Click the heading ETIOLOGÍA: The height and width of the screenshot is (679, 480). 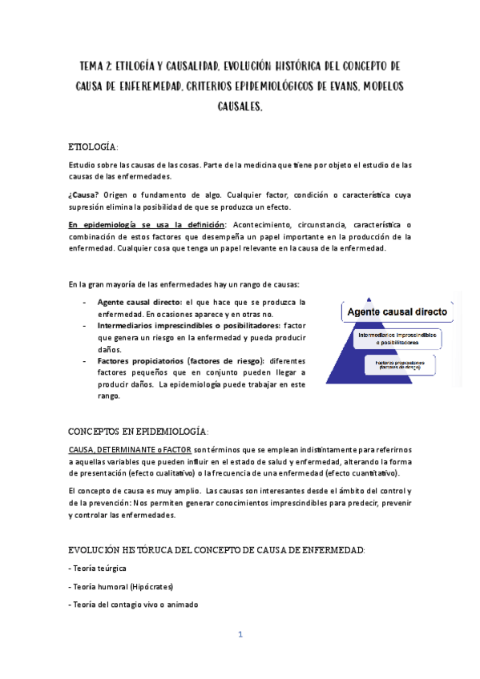pos(94,147)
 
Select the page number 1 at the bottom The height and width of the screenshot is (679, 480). pos(240,635)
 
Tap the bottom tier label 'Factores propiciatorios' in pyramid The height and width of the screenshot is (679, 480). pos(397,362)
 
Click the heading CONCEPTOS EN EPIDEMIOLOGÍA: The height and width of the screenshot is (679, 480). pos(139,430)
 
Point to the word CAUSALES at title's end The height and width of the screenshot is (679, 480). pos(240,106)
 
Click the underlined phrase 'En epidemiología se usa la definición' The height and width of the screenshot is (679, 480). pos(147,224)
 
